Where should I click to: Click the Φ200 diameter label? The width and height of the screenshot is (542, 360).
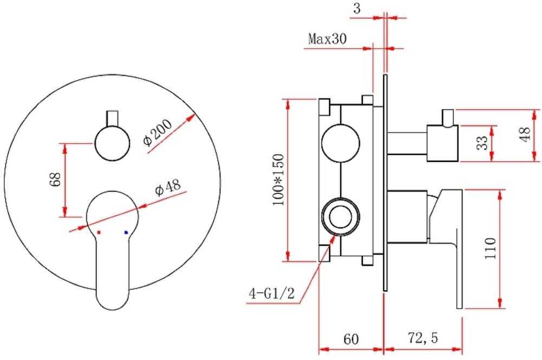[157, 133]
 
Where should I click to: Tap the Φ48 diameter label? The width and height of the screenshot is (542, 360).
[168, 187]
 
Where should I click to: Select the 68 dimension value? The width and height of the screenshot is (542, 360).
[55, 179]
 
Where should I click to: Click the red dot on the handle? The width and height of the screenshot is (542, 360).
[99, 233]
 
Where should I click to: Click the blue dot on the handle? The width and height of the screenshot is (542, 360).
[126, 233]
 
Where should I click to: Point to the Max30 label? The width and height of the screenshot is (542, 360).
[327, 38]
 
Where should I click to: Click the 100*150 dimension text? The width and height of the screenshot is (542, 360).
[278, 180]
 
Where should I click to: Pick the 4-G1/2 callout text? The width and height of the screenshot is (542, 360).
[272, 293]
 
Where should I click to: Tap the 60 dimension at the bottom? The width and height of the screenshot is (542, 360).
[351, 339]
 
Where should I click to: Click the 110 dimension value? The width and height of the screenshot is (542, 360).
[490, 248]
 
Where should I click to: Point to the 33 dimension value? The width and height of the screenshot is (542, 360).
[482, 142]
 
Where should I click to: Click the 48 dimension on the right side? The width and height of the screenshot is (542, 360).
[525, 134]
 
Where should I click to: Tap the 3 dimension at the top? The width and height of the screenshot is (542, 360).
[357, 8]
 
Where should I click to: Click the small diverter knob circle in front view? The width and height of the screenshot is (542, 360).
[112, 143]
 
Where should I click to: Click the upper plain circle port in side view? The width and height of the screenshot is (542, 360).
[341, 143]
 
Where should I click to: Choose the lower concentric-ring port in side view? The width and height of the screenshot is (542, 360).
[341, 217]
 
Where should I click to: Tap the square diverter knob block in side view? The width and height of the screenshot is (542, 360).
[443, 143]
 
